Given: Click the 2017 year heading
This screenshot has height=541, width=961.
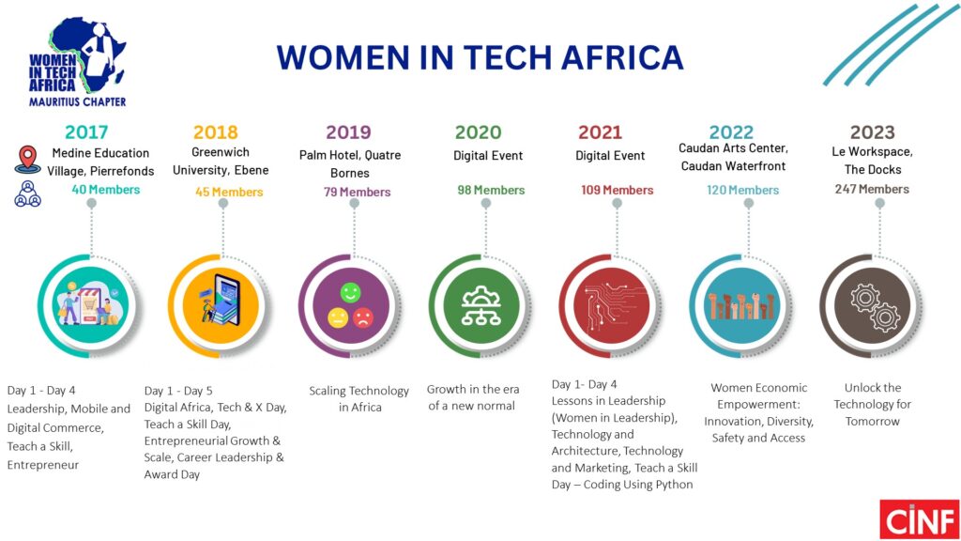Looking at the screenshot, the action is pos(86,131).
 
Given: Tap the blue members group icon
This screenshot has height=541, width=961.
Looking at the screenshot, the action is pos(27,193).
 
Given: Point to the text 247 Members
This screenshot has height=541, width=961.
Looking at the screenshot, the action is pos(872,189).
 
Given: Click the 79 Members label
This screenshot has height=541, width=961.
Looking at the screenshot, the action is pos(358,192).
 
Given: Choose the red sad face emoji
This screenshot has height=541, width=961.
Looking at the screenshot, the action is pos(363,317).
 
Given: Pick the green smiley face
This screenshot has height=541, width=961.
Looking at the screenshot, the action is pos(351,293).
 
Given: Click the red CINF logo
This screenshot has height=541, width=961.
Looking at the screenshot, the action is pos(920,518).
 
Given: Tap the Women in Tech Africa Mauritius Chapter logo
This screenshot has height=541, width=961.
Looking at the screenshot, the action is pos(77,62).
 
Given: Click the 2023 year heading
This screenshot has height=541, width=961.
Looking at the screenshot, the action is pos(872,131).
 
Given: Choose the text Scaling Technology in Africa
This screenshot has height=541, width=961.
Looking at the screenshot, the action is pos(359,398).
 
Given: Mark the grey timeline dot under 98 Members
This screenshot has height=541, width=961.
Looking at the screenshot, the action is pos(486,204).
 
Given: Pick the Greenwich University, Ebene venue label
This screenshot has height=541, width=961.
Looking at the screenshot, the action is pos(221,161).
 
